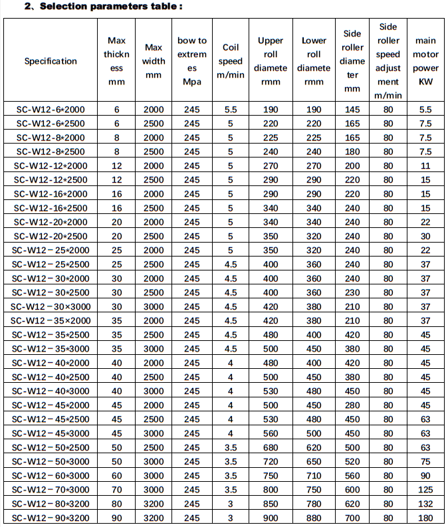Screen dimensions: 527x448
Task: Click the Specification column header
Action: pos(51,61)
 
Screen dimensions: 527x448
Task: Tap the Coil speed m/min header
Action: pos(231,61)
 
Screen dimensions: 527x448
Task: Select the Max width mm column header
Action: pos(154,61)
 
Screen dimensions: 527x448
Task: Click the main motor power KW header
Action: pos(425,61)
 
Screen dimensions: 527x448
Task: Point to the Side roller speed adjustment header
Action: pos(388,61)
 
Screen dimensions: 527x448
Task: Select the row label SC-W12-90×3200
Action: pos(51,518)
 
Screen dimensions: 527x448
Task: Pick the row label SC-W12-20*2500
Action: pos(51,236)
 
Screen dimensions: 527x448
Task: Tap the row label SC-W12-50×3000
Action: pos(51,461)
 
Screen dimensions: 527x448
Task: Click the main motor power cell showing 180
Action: pos(425,518)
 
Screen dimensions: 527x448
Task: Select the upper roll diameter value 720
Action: pos(271,461)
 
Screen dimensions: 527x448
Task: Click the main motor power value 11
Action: pos(425,165)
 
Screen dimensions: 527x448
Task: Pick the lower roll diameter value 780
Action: pos(314,504)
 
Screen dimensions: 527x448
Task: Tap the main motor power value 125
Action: pos(425,490)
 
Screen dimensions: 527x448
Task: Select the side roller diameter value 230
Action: pos(352,292)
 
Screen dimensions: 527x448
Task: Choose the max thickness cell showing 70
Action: pos(117,490)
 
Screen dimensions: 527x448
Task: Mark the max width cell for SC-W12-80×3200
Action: pos(154,504)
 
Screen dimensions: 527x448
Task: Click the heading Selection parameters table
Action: pos(102,7)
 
